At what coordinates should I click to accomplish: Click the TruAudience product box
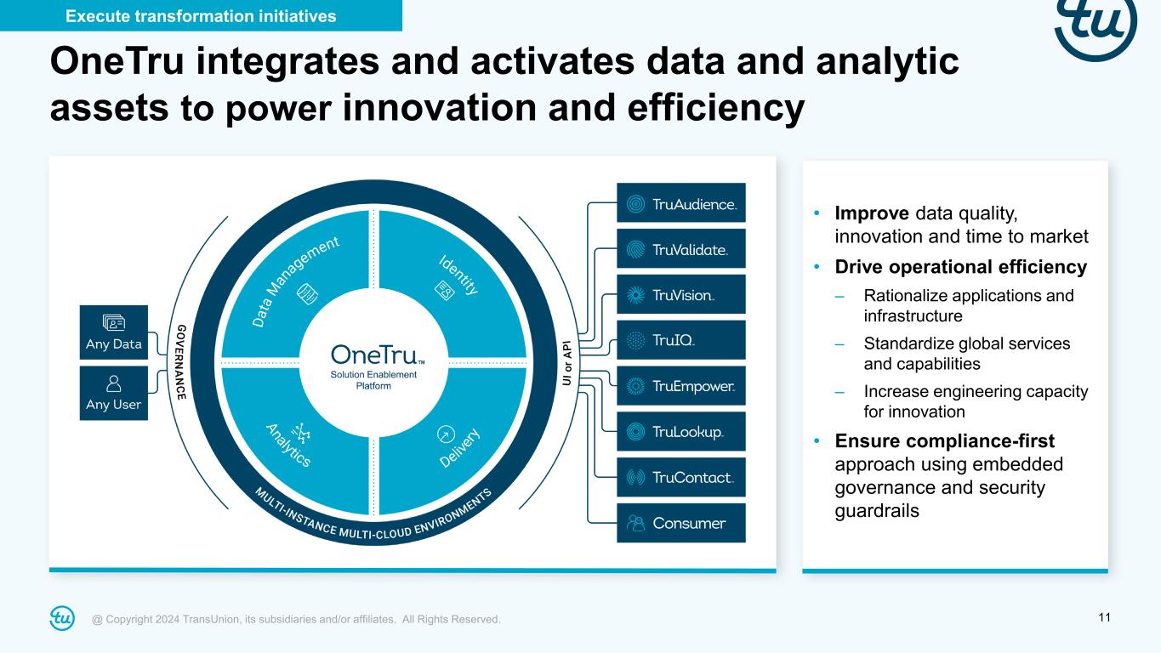pos(681,202)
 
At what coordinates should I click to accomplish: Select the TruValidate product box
pos(681,249)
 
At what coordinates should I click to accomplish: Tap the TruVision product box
pos(681,294)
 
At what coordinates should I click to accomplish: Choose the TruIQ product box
pos(681,340)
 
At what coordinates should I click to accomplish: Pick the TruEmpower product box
pos(681,385)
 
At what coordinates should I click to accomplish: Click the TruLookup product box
pos(681,431)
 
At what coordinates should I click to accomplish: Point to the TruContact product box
pos(681,477)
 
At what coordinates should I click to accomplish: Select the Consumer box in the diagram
pos(681,523)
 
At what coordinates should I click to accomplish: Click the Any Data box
pos(113,332)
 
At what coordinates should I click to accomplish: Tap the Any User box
pos(113,394)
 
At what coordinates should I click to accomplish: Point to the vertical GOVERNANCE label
pos(181,362)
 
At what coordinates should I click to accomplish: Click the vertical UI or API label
pos(567,363)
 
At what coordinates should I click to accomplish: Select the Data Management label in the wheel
pos(295,281)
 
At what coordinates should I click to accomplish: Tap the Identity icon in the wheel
pos(444,291)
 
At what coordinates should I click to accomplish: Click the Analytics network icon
pos(300,432)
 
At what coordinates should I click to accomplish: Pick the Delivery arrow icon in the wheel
pos(446,434)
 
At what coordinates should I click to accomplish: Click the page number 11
pos(1104,618)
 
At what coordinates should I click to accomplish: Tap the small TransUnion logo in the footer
pos(62,618)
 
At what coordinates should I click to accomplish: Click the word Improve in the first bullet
pos(871,213)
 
